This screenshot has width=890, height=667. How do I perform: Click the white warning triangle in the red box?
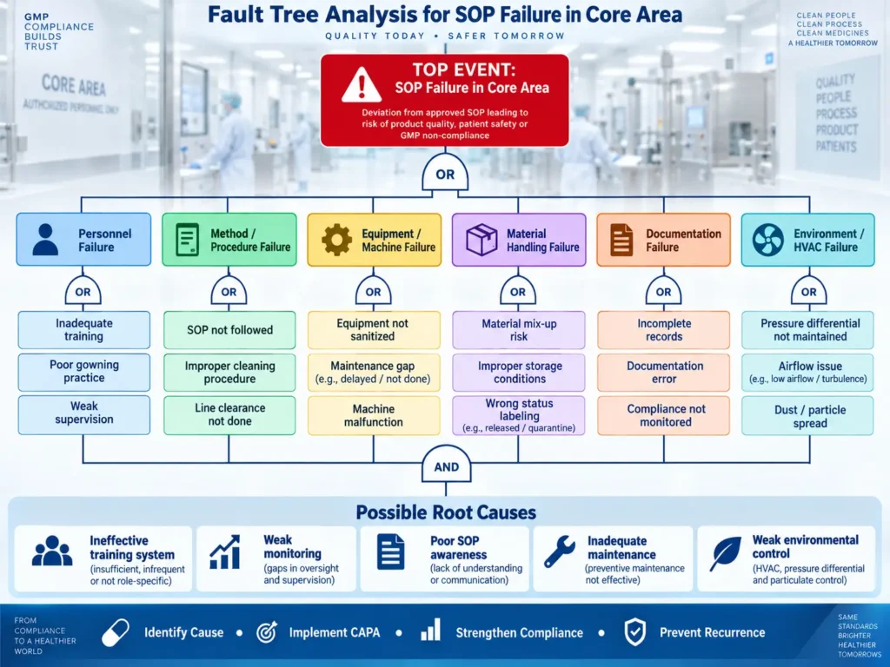click(362, 85)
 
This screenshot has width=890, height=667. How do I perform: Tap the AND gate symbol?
click(446, 465)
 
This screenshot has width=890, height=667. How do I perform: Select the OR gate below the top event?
click(445, 172)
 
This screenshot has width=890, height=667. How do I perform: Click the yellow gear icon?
click(336, 240)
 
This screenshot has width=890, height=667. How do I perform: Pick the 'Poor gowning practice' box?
click(84, 372)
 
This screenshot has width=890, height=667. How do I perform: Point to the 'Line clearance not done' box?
click(229, 414)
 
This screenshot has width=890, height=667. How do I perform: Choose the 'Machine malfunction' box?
click(374, 415)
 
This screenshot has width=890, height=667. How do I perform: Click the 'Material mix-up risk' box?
click(518, 330)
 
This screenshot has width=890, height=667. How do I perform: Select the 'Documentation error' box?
click(663, 373)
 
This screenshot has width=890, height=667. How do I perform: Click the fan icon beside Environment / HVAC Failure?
click(768, 240)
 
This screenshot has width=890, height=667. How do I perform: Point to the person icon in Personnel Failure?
click(45, 240)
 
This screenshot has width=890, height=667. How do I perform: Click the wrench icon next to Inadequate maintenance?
click(560, 551)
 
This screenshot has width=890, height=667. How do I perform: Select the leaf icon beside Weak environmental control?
click(726, 553)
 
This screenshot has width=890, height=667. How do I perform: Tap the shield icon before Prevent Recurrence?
click(635, 632)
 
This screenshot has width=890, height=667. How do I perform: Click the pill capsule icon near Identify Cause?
click(116, 632)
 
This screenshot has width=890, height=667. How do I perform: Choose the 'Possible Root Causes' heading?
click(446, 512)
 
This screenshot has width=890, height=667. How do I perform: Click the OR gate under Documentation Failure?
click(663, 290)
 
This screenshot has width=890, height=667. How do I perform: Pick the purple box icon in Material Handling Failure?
click(482, 240)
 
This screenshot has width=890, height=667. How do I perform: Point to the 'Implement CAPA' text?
click(335, 632)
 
